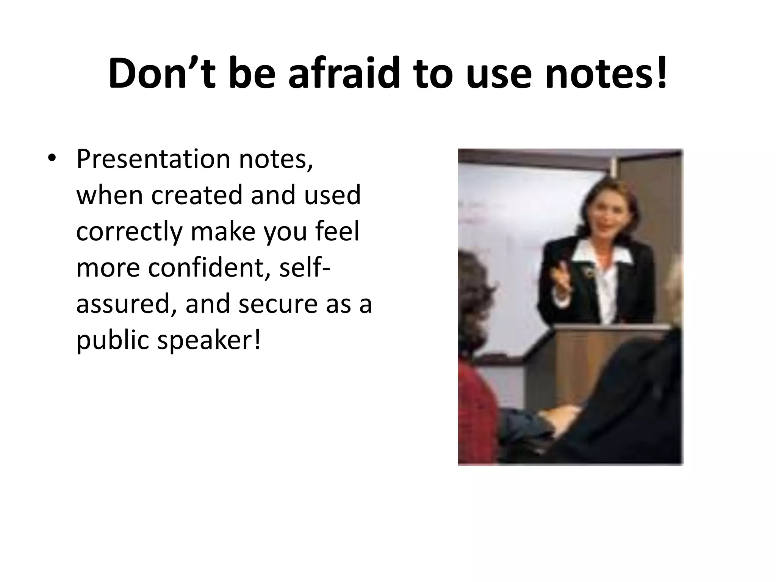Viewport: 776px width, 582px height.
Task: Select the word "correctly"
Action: coord(129,232)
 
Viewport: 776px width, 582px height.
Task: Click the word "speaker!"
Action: coord(209,340)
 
